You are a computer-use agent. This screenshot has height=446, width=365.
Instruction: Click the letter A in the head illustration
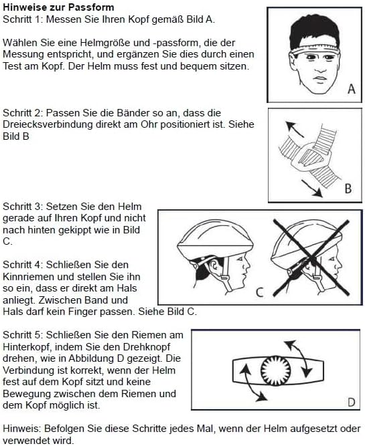tap(351, 89)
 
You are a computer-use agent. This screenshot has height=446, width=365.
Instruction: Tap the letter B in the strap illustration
tap(348, 189)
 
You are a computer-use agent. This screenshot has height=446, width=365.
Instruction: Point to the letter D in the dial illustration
tap(350, 401)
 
